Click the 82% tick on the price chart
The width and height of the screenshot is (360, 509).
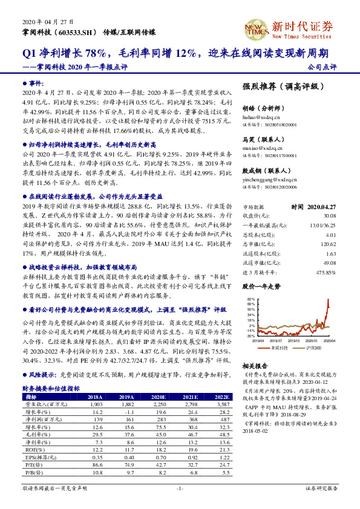(x=250, y=299)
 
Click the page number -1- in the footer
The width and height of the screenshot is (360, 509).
(x=180, y=487)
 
